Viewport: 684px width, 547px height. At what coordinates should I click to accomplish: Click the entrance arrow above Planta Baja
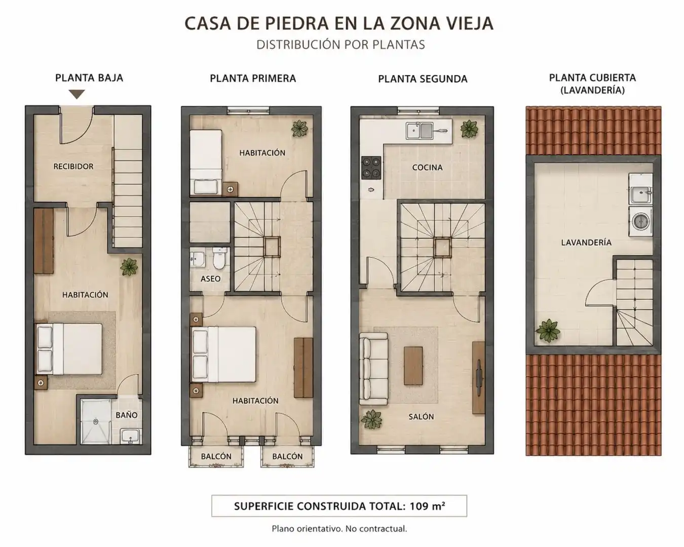[x=77, y=94]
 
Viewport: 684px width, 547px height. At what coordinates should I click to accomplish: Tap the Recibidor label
[x=73, y=167]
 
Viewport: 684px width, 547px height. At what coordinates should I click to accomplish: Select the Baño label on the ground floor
[x=127, y=415]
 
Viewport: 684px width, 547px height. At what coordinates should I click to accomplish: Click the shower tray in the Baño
[x=96, y=422]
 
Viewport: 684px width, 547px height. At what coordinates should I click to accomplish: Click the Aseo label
[x=210, y=279]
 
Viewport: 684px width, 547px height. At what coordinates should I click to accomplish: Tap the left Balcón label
[x=216, y=456]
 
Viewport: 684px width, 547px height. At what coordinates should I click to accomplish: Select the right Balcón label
[x=287, y=456]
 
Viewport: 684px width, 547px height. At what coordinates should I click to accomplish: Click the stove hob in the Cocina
[x=371, y=168]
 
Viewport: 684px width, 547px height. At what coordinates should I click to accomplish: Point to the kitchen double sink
[x=419, y=130]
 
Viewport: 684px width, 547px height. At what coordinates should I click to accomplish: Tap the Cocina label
[x=427, y=168]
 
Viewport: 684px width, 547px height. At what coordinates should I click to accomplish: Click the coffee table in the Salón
[x=413, y=366]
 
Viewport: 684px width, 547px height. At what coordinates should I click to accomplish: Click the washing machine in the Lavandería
[x=640, y=221]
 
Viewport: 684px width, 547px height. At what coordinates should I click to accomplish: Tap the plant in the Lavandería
[x=548, y=331]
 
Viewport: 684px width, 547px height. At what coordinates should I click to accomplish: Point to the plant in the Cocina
[x=470, y=129]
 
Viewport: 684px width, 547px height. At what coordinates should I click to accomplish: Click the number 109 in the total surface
[x=419, y=506]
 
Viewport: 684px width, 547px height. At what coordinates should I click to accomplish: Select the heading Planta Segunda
[x=423, y=79]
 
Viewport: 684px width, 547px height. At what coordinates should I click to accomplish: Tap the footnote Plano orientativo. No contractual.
[x=339, y=529]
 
